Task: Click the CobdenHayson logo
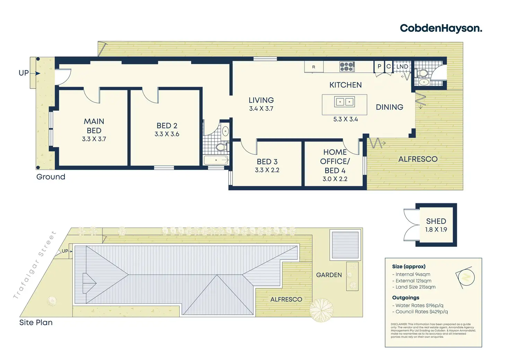point(441,28)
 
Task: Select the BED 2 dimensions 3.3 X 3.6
point(167,134)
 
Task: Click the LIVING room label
point(261,100)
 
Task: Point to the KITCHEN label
point(345,85)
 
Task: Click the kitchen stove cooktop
point(347,66)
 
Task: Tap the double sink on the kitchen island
point(344,102)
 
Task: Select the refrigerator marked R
point(314,67)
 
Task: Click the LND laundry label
point(402,66)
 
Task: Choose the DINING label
point(389,107)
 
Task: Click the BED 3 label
point(267,162)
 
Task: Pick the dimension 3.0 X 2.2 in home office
point(335,179)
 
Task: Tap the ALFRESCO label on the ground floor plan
point(418,159)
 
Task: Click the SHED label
point(436,221)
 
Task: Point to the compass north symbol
point(465,277)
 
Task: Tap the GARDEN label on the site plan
point(329,275)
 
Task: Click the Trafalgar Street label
point(35,265)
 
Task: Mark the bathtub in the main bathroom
point(216,160)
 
